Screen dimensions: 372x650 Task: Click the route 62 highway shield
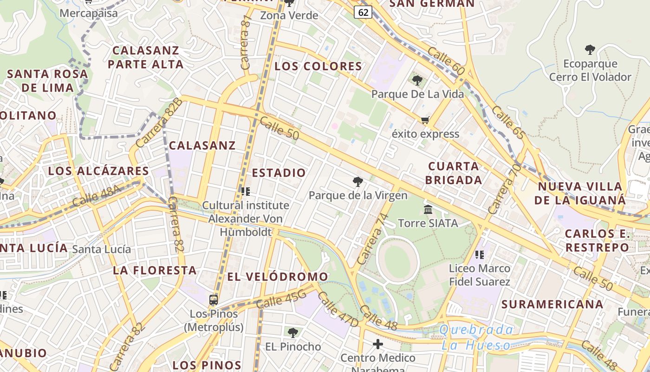pos(363,12)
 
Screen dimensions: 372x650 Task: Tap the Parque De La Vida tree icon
pos(417,80)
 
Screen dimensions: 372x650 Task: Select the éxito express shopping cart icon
pos(425,120)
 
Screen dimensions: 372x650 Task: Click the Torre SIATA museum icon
pos(428,209)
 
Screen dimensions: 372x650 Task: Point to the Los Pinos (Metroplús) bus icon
pos(214,300)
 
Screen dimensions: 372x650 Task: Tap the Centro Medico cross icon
pos(378,344)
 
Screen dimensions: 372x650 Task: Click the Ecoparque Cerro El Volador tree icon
pos(590,50)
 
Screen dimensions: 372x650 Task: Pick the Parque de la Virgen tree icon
pos(357,181)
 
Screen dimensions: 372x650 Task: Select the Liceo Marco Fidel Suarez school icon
pos(480,254)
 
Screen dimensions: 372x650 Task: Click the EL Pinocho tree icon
pos(292,332)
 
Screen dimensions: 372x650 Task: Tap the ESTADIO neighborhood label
pos(279,173)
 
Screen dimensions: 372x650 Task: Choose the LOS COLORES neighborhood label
pos(318,66)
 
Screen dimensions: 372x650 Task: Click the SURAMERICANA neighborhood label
pos(552,305)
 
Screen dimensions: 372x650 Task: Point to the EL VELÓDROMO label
pos(278,277)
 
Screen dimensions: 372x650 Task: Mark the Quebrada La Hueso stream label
pos(476,338)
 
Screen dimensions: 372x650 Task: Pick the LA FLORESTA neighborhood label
pos(155,270)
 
